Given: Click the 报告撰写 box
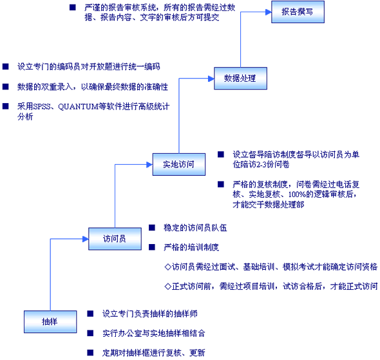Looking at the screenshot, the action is coord(298,12).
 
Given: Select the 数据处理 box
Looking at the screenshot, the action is coord(240,79).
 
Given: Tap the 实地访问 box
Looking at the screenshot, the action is coord(179,164).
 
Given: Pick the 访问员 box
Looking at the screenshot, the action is coord(115,239).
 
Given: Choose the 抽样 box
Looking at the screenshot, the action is coord(50,321).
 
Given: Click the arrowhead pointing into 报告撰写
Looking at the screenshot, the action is coord(269,12).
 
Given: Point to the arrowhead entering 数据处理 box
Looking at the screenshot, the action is coord(211,79).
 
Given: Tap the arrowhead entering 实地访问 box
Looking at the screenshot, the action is coord(149,165).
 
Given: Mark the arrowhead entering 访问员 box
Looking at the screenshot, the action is coord(86,239).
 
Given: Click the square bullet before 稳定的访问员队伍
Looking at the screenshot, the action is coord(152,227).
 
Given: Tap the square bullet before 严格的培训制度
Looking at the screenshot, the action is coord(152,247).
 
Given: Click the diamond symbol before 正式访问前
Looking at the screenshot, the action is coord(167,287).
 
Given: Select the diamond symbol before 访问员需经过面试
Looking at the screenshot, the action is coord(167,267).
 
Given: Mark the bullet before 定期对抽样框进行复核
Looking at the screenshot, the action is coord(90,352).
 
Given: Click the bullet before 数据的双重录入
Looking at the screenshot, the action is coord(6,86).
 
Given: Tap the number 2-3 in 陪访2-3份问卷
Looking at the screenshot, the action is coord(261,165).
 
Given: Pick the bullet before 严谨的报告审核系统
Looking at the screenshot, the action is coord(73,7).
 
